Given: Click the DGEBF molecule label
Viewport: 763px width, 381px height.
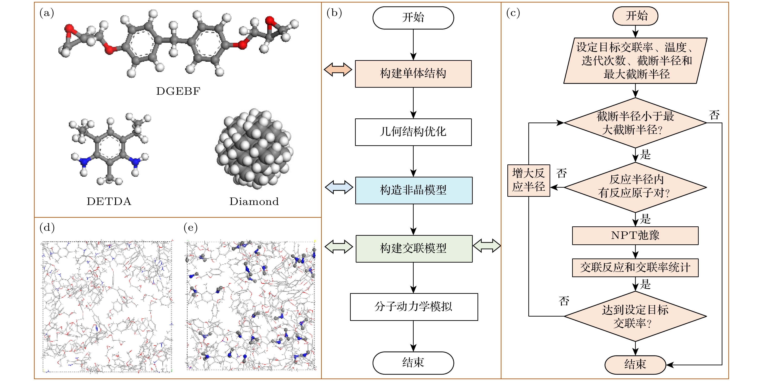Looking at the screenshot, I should [x=178, y=91].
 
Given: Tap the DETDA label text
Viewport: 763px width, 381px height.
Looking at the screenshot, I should [x=109, y=202].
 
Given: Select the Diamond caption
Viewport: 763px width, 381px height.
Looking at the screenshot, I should [x=254, y=202].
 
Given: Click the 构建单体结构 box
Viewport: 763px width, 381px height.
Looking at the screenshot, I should [x=413, y=74].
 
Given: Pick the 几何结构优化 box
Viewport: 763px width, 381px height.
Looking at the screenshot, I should [x=413, y=132].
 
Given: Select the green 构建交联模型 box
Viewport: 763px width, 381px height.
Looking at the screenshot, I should [x=414, y=248].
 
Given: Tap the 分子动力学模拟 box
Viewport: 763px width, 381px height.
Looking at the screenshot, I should [x=414, y=307].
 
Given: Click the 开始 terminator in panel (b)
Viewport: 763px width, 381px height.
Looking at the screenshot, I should [x=413, y=18].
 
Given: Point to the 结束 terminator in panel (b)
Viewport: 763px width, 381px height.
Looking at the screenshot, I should [x=413, y=363].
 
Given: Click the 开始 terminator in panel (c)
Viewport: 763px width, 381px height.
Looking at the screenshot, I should [x=635, y=16].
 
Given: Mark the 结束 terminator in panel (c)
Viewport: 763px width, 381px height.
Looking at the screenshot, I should [x=635, y=365].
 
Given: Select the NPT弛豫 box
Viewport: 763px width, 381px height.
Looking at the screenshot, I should [x=635, y=235].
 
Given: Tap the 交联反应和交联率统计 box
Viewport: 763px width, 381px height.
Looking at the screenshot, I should [x=635, y=268].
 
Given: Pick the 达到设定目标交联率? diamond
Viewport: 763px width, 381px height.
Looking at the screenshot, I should [x=635, y=316].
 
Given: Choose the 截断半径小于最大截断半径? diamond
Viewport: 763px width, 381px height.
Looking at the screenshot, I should [x=635, y=123].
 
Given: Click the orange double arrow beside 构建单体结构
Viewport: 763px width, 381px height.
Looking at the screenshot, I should [x=338, y=70].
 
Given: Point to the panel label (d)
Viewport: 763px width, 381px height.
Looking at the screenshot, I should [x=47, y=228].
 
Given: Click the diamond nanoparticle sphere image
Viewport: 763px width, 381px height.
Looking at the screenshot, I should [x=254, y=149].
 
